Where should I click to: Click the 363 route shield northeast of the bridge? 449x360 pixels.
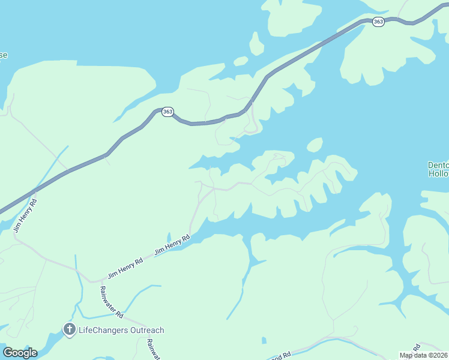[x=378, y=22]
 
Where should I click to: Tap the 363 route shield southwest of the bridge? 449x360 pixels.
[x=167, y=112]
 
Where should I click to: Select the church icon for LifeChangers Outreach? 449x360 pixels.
[x=69, y=329]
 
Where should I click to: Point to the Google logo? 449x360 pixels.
[x=20, y=353]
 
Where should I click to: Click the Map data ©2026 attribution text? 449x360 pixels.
[x=423, y=355]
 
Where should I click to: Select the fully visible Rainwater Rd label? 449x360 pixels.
[x=112, y=302]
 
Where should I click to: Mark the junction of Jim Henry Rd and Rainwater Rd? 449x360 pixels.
[x=92, y=281]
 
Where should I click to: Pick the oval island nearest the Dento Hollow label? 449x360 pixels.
[x=315, y=145]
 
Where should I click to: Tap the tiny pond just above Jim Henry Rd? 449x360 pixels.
[x=169, y=237]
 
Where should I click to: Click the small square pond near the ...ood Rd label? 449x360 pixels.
[x=264, y=341]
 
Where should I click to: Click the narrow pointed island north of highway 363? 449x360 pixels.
[x=256, y=44]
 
